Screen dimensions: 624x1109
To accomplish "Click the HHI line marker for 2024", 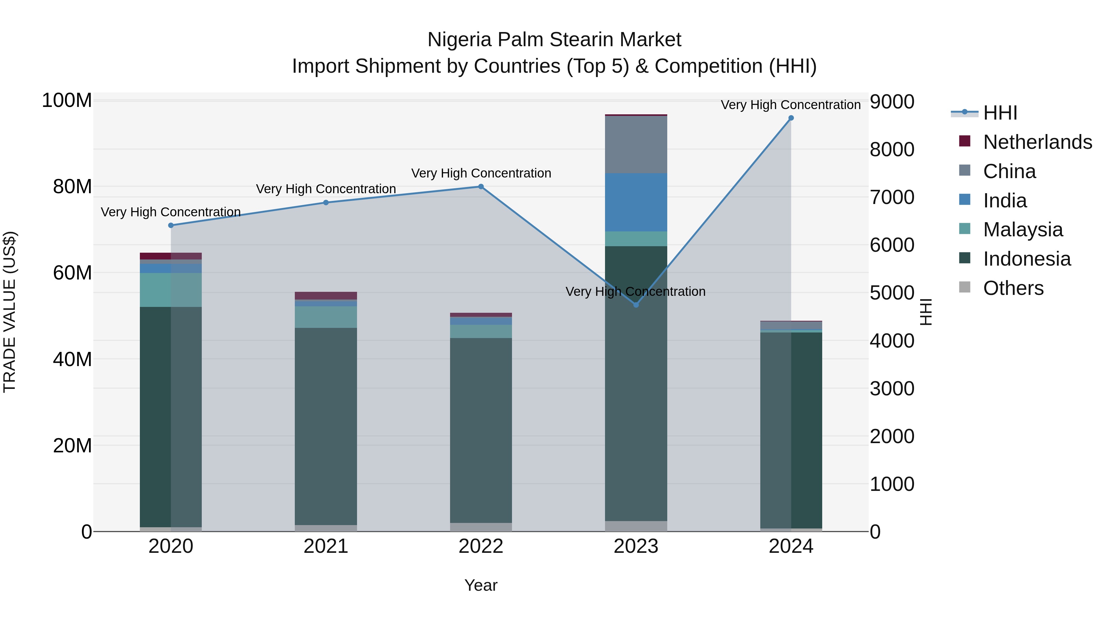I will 791,118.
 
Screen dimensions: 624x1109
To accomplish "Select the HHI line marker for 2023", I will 636,305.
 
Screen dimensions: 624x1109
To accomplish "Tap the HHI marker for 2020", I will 171,225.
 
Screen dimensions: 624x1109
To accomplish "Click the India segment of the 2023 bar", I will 636,202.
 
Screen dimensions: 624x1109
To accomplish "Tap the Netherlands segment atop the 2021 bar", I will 326,296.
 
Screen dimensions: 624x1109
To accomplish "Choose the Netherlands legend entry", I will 1038,142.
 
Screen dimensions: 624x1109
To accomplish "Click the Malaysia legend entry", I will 1023,230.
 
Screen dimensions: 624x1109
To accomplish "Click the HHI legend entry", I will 1000,113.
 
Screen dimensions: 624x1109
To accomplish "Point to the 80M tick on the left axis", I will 72,187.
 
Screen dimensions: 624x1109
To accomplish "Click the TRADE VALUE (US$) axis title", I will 10,312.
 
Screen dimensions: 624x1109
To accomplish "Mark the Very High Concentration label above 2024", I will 791,105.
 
